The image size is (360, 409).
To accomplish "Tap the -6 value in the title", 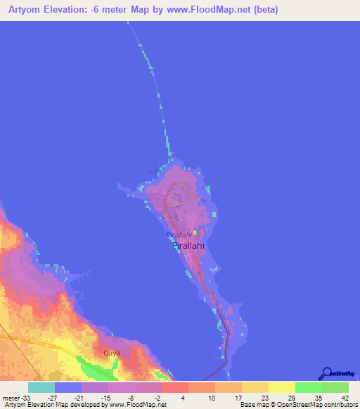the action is [97, 10].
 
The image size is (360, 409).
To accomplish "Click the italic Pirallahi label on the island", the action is [179, 235].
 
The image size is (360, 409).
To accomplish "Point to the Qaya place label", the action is [111, 353].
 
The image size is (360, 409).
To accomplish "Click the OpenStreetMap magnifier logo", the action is [327, 373].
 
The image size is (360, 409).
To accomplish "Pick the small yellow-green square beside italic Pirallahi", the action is [195, 234].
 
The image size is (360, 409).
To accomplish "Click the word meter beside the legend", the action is [10, 398].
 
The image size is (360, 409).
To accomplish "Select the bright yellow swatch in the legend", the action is [281, 387].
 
